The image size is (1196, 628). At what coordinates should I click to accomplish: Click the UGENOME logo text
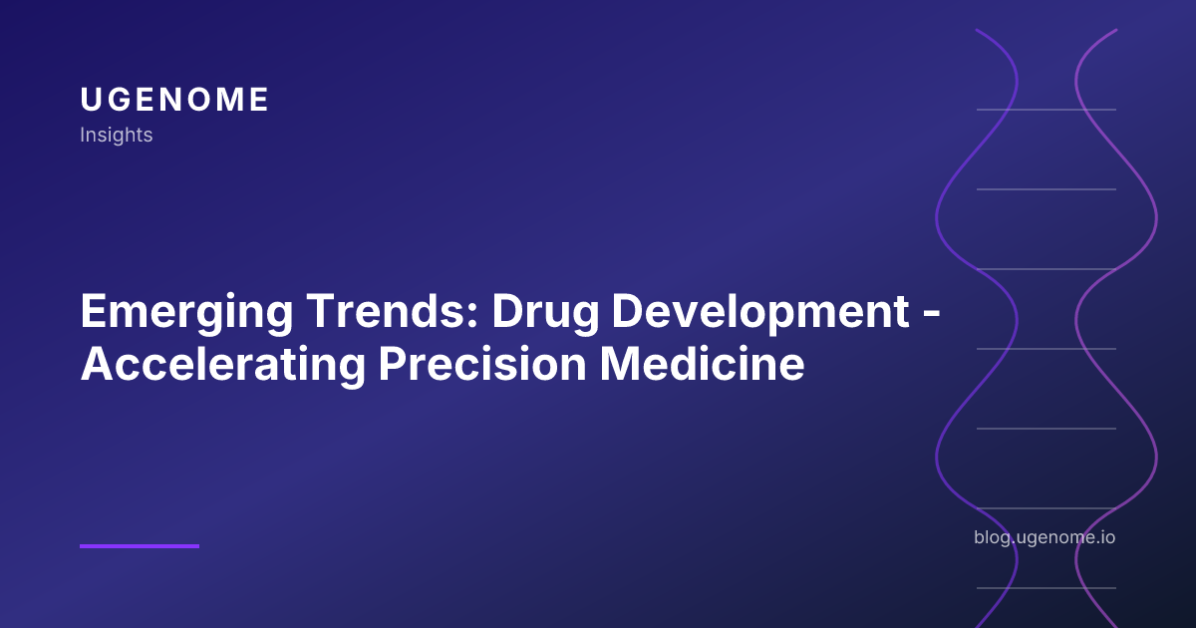(174, 100)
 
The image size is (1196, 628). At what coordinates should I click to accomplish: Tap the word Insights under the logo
(117, 135)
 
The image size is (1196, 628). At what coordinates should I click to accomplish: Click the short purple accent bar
(140, 545)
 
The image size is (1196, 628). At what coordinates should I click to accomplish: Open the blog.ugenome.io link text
(1045, 537)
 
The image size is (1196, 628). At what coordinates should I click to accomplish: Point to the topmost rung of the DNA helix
(1046, 110)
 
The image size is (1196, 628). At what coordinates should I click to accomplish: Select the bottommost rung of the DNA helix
(1046, 588)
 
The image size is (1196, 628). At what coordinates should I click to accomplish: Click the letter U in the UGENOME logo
(90, 100)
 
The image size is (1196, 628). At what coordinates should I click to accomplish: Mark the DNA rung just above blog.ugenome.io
(1046, 508)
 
